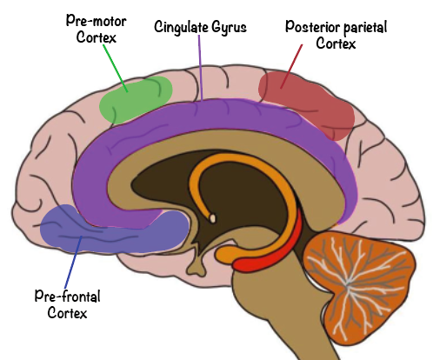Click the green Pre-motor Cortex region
(x=136, y=100)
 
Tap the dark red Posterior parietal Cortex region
(x=307, y=103)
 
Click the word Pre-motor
(x=97, y=21)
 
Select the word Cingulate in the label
(x=181, y=27)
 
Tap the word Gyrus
(x=229, y=28)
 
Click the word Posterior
(x=312, y=27)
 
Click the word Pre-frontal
(x=68, y=297)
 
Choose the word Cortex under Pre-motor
(x=97, y=37)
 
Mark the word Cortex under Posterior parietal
(x=336, y=43)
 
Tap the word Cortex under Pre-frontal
(x=67, y=313)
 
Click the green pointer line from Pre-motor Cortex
(x=116, y=69)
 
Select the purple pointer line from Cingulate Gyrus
(x=200, y=68)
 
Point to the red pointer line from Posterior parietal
(x=291, y=66)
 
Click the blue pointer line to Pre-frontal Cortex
(x=73, y=263)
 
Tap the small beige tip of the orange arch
(x=213, y=218)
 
